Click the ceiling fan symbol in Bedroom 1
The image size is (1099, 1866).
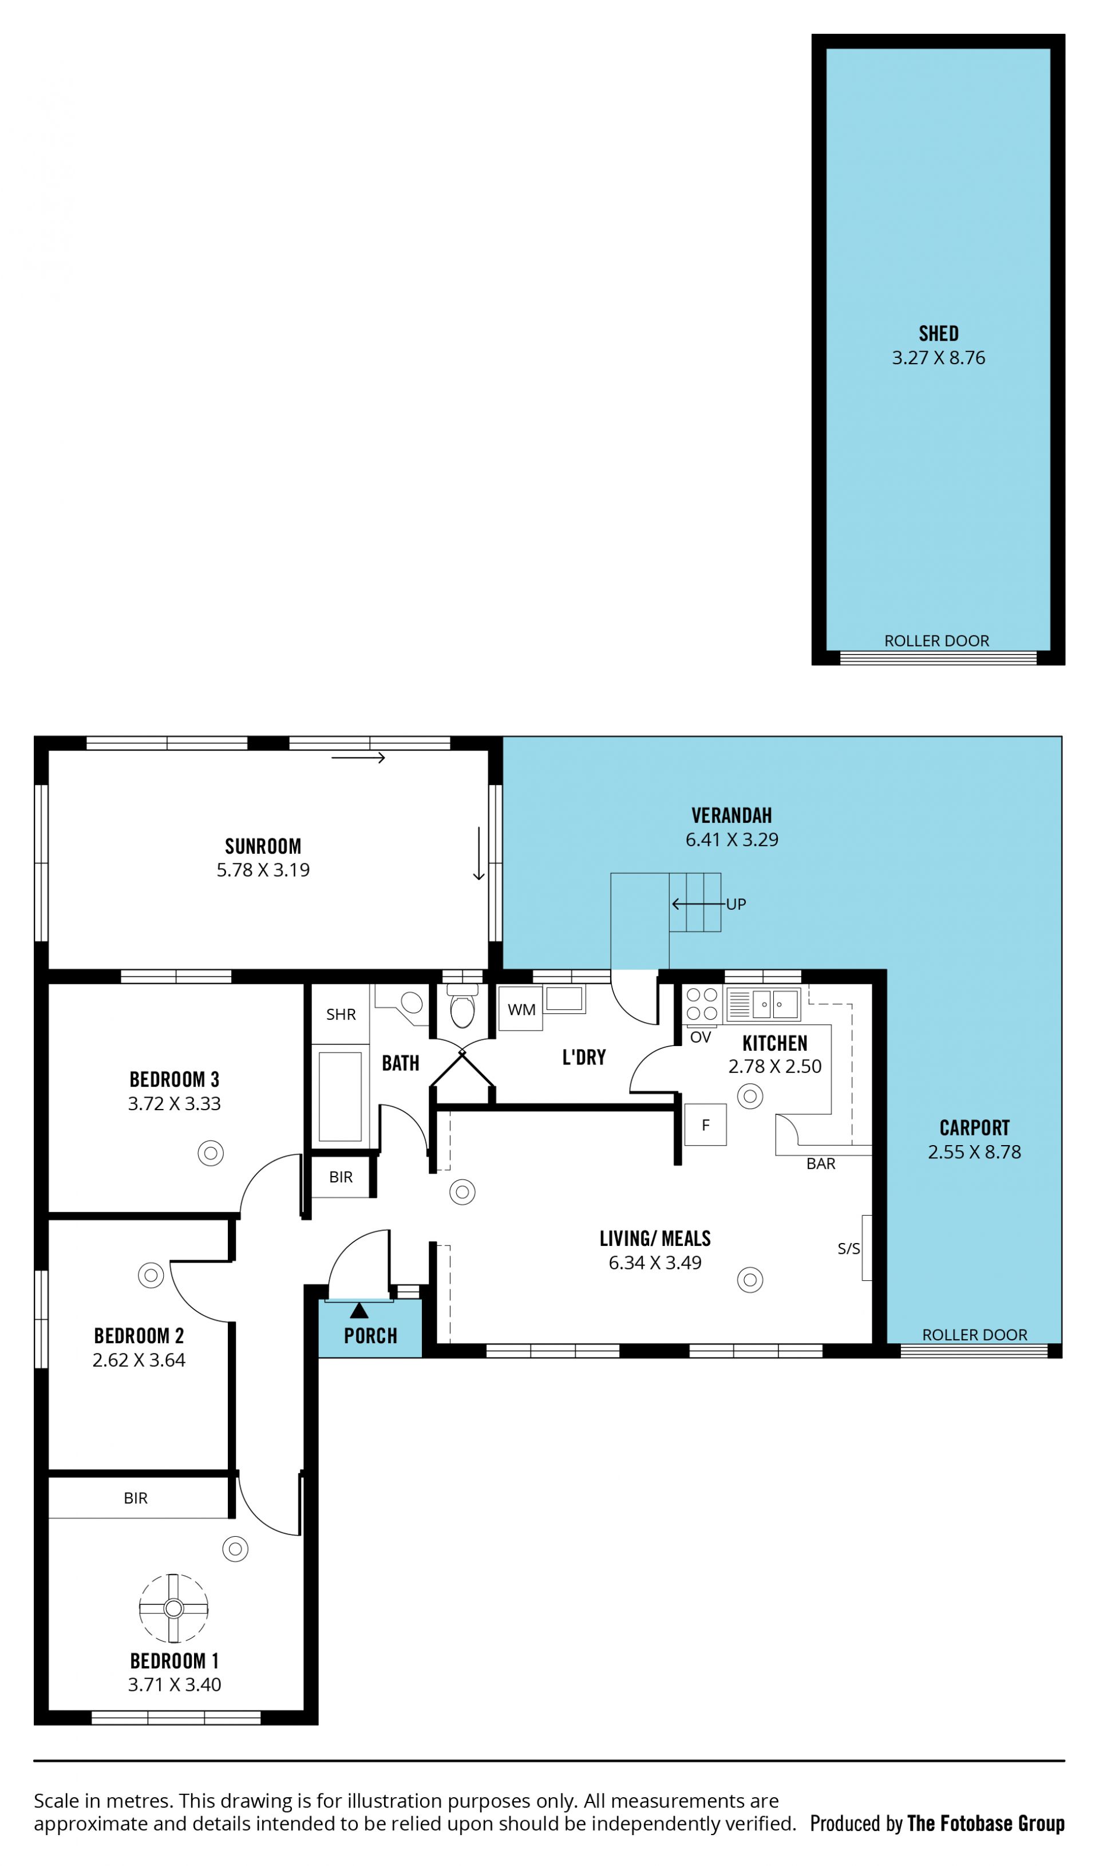(173, 1607)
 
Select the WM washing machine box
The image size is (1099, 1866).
(521, 1008)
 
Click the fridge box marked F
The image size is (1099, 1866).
(705, 1125)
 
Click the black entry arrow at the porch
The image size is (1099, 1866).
(359, 1311)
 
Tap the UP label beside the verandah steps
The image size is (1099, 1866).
(736, 904)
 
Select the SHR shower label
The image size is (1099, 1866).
(341, 1014)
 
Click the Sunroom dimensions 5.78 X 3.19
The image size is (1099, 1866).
(263, 870)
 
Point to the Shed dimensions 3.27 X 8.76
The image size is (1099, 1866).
(938, 358)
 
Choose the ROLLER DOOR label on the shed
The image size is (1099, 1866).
(937, 641)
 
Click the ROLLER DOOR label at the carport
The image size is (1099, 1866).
(975, 1334)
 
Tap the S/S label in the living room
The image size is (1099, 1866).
(849, 1248)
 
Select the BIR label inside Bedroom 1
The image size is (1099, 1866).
(136, 1498)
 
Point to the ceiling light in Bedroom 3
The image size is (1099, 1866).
(210, 1153)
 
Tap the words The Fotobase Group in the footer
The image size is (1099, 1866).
(986, 1823)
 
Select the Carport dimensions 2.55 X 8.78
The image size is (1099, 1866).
(975, 1152)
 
